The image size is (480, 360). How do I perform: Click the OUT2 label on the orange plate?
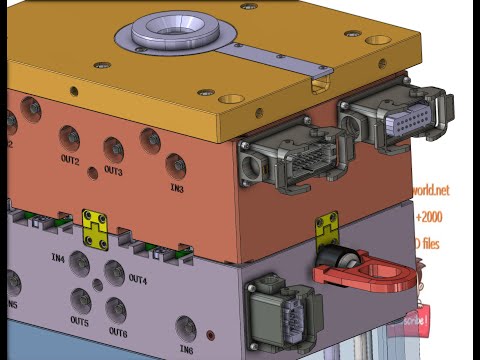pos(69,160)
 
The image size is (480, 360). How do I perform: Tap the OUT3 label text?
pos(113,171)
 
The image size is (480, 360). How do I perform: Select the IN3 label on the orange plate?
pos(176,187)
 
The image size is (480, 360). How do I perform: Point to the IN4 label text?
pos(58,258)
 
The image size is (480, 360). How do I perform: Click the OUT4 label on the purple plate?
pos(137,281)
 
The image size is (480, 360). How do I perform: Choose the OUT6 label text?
pos(118,332)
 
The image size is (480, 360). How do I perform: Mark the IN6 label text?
pos(186,350)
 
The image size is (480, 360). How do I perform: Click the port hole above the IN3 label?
pos(176,164)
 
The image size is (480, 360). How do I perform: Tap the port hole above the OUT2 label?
pos(70,136)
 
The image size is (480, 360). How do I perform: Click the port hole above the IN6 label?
pos(186,327)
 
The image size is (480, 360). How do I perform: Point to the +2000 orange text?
pos(429,217)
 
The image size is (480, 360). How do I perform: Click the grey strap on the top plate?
pos(280,57)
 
